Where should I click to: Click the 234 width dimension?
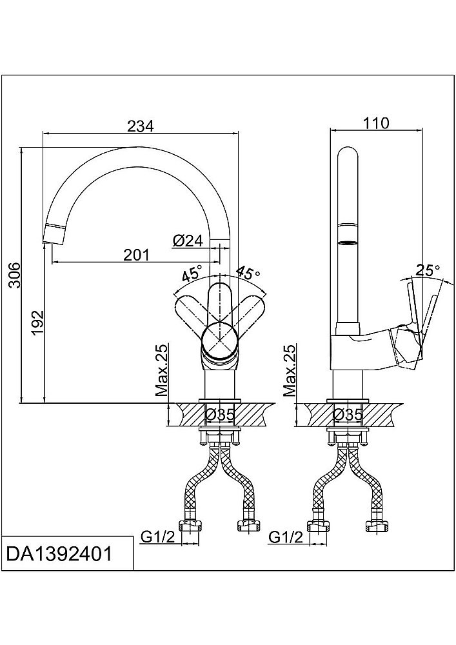[x=141, y=126]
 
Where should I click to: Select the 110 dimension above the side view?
[x=377, y=123]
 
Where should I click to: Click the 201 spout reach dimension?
[x=136, y=255]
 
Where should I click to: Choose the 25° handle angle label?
[x=427, y=270]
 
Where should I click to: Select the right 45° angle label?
[x=247, y=273]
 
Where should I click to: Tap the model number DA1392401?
[x=57, y=553]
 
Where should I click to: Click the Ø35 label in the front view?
[x=220, y=415]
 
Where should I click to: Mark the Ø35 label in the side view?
[x=348, y=415]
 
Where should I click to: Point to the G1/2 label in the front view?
[x=157, y=537]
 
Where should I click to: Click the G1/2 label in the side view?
[x=284, y=537]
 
